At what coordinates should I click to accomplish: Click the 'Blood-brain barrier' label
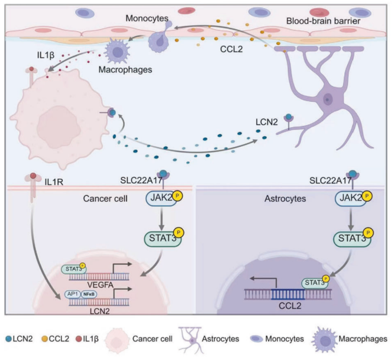point(323,21)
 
